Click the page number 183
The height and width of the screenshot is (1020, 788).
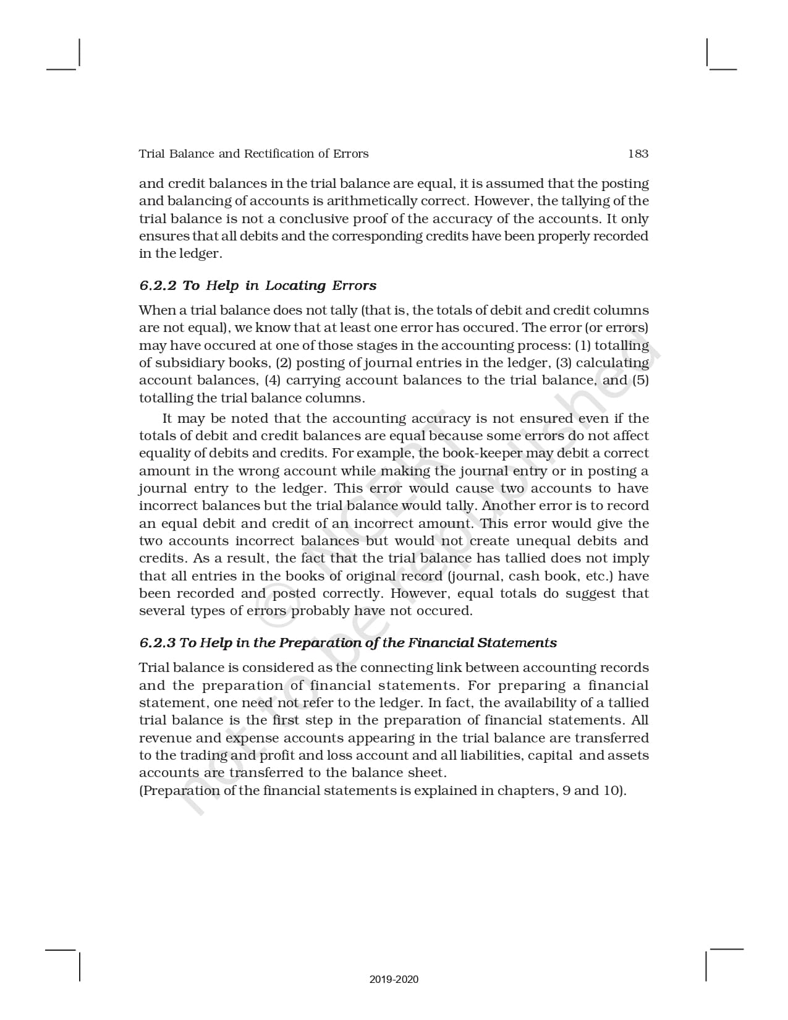click(x=638, y=154)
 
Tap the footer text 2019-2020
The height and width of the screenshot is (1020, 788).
click(x=394, y=979)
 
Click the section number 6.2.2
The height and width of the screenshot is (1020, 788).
click(x=158, y=286)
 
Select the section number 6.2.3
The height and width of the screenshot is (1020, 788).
click(x=158, y=643)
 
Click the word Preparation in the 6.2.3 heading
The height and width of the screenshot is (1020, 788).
click(x=315, y=643)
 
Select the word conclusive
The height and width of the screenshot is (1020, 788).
click(x=313, y=219)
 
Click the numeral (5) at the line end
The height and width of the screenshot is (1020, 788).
click(x=640, y=380)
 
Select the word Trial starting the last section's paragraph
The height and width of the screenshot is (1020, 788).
click(x=154, y=668)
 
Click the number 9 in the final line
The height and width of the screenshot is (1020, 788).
click(x=566, y=791)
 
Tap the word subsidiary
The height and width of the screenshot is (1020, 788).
click(x=189, y=363)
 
